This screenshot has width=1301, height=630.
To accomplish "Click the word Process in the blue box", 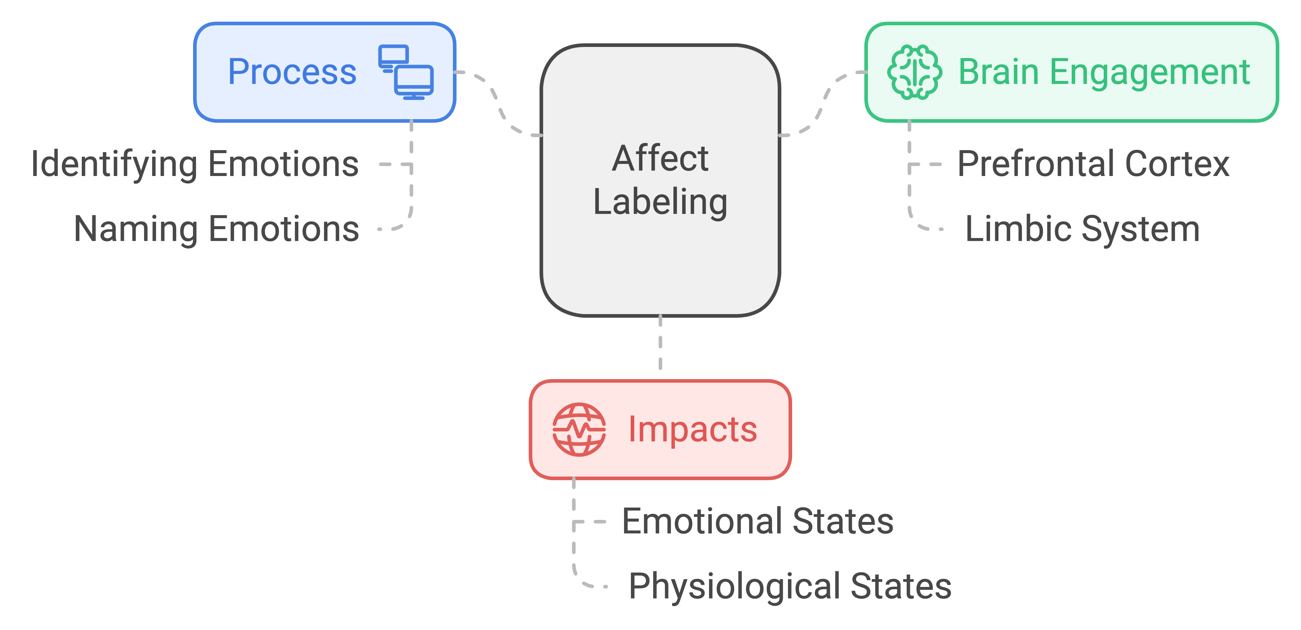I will [x=292, y=72].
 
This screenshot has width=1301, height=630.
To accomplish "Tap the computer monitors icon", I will [x=406, y=72].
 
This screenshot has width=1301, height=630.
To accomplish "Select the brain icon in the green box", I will [x=914, y=72].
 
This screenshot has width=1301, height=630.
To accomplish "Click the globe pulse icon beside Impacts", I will [x=579, y=429].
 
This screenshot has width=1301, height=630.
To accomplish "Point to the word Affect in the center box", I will [x=660, y=159].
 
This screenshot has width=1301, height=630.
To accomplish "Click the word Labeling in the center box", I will [x=660, y=202].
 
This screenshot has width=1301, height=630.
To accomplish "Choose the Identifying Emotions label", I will [x=195, y=164].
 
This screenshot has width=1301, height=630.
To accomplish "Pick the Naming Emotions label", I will [x=216, y=229].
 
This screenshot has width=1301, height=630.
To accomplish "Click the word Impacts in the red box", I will [x=692, y=429].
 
